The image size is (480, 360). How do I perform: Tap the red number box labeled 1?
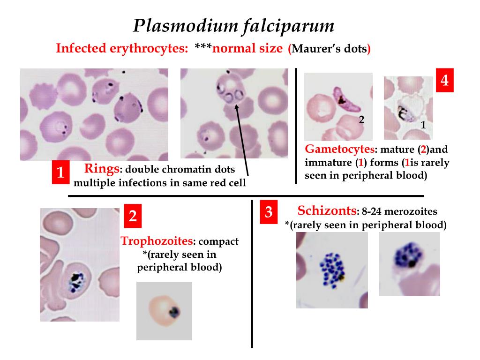coord(60,173)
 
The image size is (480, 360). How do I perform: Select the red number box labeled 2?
coord(133,216)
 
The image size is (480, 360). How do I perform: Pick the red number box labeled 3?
coord(269,212)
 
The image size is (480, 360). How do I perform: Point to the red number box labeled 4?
coord(444,81)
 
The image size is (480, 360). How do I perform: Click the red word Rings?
coord(102,169)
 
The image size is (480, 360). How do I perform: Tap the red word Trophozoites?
coord(157,241)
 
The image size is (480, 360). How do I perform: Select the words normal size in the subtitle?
coord(247,49)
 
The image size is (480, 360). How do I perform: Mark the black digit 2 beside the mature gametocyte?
coord(361,119)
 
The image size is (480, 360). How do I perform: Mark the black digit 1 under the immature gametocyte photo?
coord(423,125)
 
